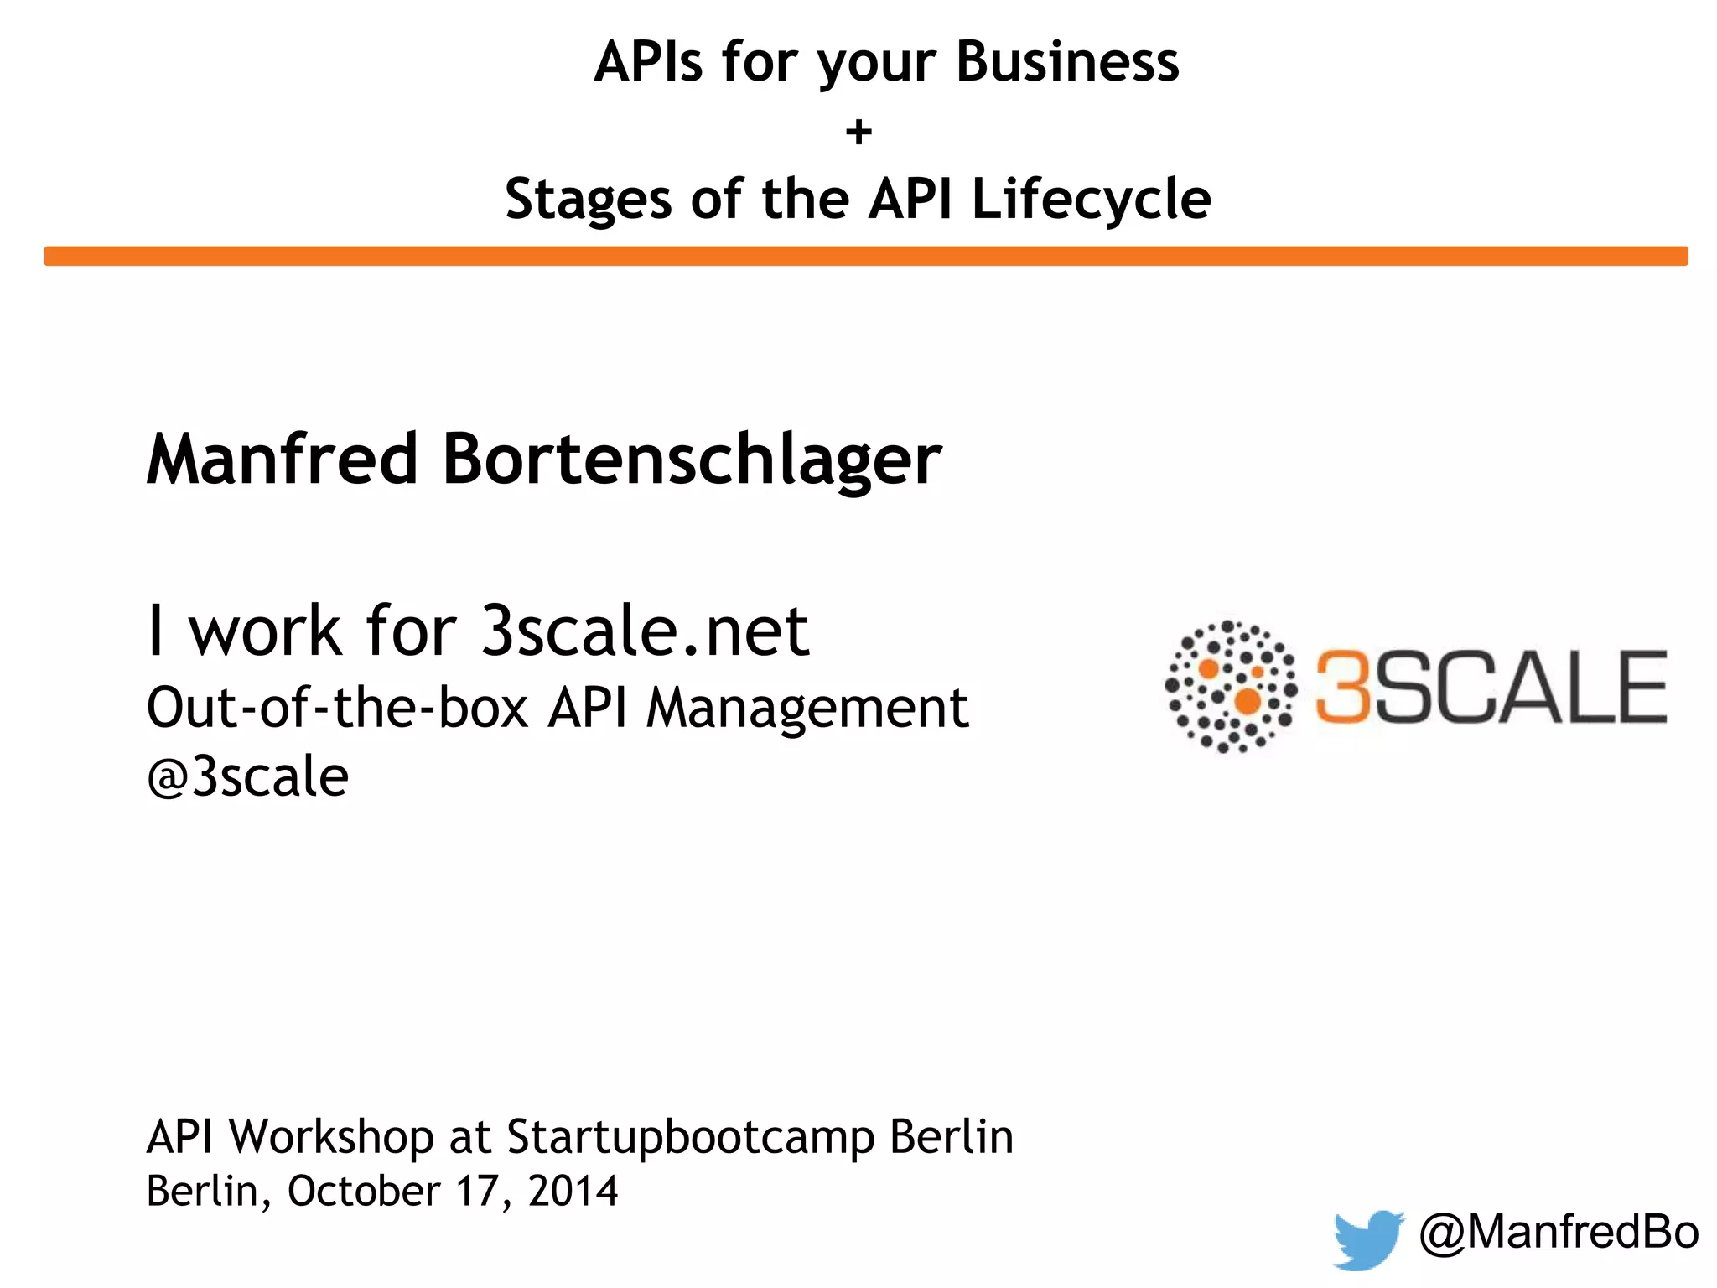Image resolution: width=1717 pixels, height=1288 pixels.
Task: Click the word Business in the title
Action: [x=1066, y=62]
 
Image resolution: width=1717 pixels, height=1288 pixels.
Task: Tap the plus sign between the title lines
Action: [x=858, y=132]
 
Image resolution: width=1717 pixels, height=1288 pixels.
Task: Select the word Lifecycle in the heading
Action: [x=1091, y=200]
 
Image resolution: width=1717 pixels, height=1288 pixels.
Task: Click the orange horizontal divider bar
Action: [x=865, y=256]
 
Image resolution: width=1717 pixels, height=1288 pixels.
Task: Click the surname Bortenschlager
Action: [x=692, y=460]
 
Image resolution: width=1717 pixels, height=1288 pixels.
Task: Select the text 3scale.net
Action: [x=645, y=631]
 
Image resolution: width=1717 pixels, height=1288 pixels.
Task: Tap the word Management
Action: [x=807, y=708]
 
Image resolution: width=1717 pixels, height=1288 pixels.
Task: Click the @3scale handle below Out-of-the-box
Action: [x=247, y=776]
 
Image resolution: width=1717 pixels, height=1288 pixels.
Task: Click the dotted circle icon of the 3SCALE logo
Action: [x=1230, y=687]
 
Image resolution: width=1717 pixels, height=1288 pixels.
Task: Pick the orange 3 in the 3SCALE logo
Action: [x=1342, y=687]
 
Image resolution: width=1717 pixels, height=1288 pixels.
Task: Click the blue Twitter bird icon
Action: [x=1367, y=1238]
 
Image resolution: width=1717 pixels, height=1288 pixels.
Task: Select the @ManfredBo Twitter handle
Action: [x=1559, y=1232]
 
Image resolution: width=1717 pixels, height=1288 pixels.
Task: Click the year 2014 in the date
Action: [x=573, y=1191]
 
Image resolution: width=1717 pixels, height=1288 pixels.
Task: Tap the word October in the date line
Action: [x=364, y=1191]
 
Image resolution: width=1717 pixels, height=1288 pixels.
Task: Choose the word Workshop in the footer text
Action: [x=332, y=1138]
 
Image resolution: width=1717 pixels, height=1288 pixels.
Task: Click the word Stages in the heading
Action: [x=589, y=200]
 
